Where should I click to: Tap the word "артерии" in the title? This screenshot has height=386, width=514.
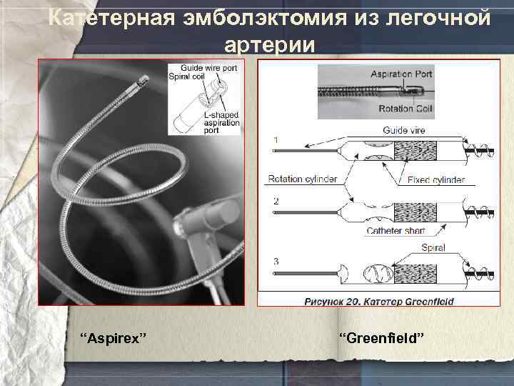pos(268,44)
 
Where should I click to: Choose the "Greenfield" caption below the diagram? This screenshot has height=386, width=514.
pos(381,337)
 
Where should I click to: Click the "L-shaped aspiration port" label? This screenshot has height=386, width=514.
pos(221,122)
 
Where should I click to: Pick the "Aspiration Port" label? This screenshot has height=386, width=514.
pos(401,74)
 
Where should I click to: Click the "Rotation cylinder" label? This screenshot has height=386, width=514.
pos(302,179)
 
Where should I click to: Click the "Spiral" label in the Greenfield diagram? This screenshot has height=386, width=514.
pos(433,248)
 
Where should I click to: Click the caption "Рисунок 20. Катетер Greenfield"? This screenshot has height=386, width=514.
pos(379,301)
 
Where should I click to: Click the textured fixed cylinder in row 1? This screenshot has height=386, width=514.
pos(415,152)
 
